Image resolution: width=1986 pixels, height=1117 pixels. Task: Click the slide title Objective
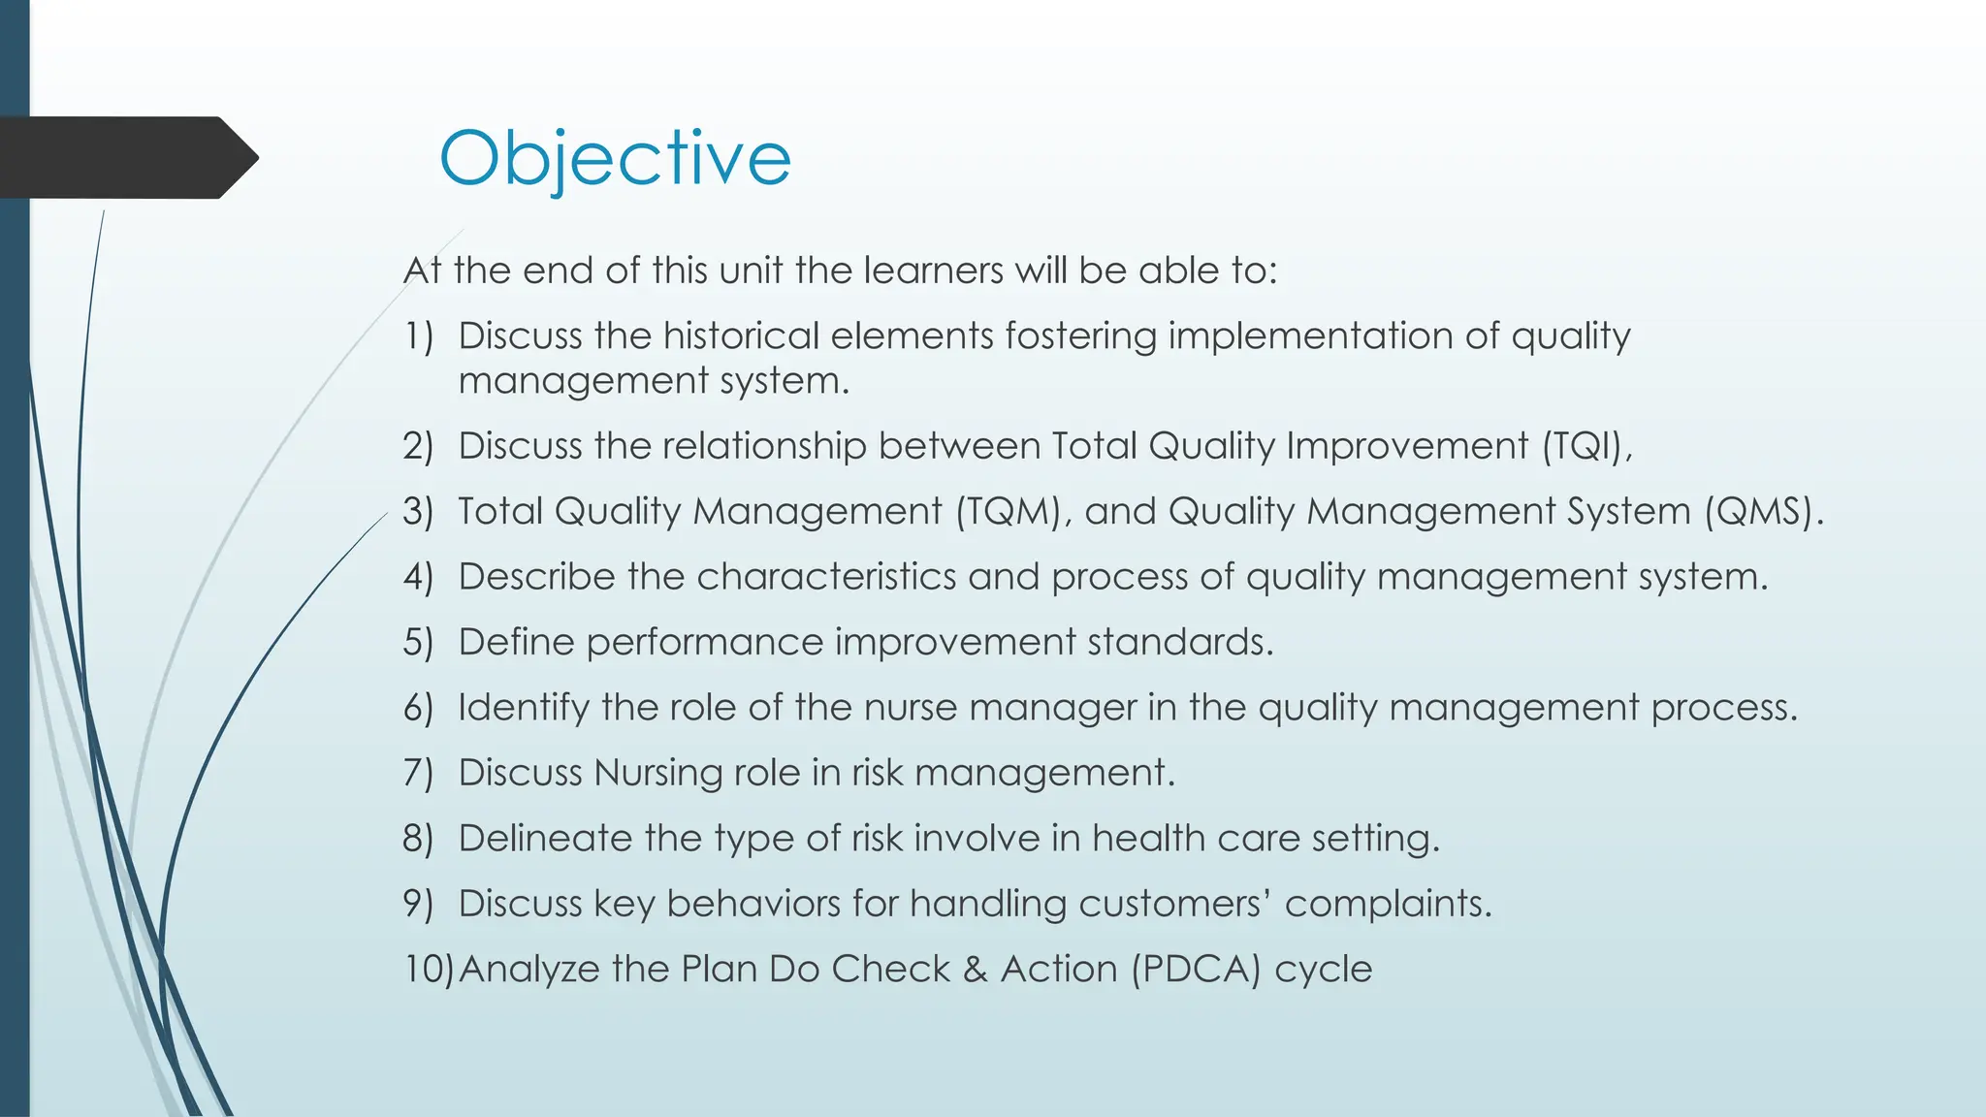tap(615, 158)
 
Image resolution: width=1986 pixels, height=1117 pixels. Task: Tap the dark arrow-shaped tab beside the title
tap(126, 158)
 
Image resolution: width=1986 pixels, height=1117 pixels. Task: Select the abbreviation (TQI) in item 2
tap(1586, 446)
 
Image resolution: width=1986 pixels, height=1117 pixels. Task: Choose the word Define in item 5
tap(516, 642)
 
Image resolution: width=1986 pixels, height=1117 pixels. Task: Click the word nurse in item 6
tap(911, 707)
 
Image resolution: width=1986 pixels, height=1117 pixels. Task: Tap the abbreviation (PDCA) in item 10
tap(1197, 969)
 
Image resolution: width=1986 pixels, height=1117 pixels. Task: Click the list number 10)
tap(428, 969)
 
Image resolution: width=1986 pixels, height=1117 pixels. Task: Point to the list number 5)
tap(418, 642)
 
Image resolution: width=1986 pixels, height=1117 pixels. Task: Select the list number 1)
tap(418, 336)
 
